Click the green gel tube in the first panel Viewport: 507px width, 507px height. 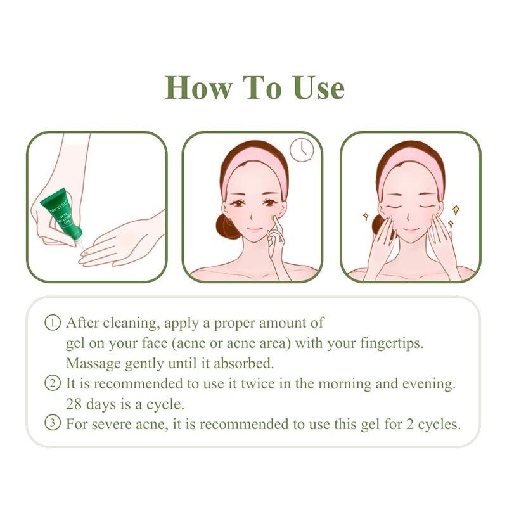pyautogui.click(x=61, y=215)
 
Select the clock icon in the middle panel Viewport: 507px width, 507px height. pyautogui.click(x=301, y=150)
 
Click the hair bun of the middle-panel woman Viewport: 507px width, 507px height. pyautogui.click(x=227, y=225)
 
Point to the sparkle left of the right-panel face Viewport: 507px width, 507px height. pyautogui.click(x=366, y=216)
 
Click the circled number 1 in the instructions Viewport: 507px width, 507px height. pyautogui.click(x=53, y=323)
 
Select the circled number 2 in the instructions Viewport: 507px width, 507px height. pyautogui.click(x=53, y=383)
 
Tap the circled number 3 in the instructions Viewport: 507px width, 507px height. pyautogui.click(x=53, y=424)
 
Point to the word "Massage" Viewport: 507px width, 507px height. pyautogui.click(x=93, y=364)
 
